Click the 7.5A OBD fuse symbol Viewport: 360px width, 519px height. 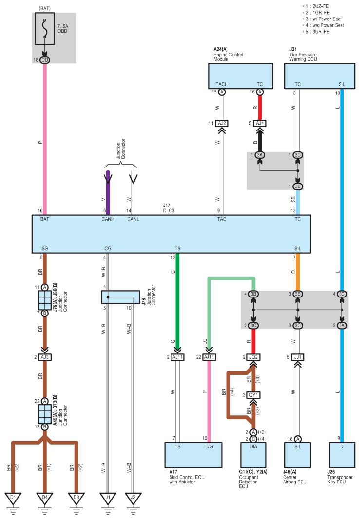click(x=45, y=28)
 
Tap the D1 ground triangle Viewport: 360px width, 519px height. click(x=13, y=498)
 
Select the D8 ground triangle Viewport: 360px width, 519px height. click(x=76, y=498)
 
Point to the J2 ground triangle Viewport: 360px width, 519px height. click(x=133, y=498)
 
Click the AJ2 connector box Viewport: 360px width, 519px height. click(x=222, y=124)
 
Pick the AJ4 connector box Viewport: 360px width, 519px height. click(x=260, y=124)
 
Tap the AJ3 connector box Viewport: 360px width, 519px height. click(x=45, y=357)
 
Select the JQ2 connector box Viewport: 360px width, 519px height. click(x=253, y=357)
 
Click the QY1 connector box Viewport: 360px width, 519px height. click(x=253, y=395)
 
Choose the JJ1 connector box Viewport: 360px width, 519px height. click(x=298, y=357)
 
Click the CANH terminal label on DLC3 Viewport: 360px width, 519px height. click(x=108, y=219)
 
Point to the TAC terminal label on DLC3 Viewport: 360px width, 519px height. click(x=222, y=219)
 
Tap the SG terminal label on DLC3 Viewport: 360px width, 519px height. click(x=45, y=249)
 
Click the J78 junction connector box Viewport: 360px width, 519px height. click(x=120, y=297)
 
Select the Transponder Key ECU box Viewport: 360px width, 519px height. click(x=342, y=455)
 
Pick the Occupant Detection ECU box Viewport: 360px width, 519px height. click(x=253, y=455)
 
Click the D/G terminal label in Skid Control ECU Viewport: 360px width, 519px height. click(x=209, y=447)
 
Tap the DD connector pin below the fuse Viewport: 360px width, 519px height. click(x=45, y=60)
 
